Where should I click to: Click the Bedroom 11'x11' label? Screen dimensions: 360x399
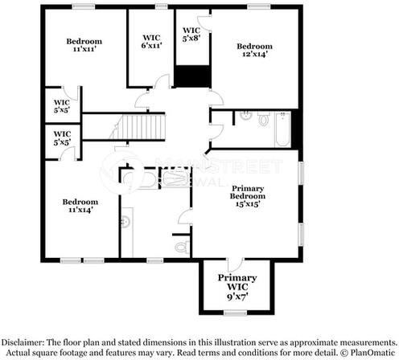coord(84,46)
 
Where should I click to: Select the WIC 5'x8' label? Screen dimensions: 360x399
coord(191,33)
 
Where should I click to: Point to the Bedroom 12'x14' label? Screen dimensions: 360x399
coord(254,50)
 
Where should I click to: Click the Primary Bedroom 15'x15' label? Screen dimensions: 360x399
coord(247,198)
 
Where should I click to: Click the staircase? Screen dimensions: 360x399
coord(130,127)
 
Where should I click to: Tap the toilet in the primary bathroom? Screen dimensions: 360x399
coord(181,241)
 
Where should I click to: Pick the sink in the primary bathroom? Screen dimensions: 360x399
coord(125,217)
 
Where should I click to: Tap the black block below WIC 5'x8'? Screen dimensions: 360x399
coord(192,76)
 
